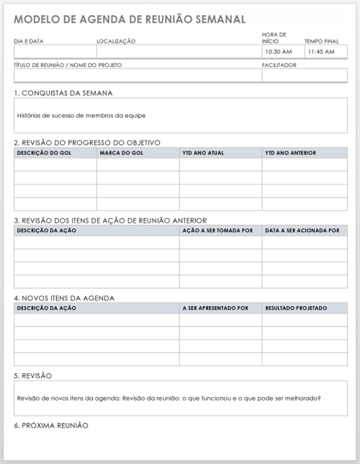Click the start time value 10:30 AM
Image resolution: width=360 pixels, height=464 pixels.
tap(278, 52)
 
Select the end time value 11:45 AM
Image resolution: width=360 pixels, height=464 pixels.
tap(320, 52)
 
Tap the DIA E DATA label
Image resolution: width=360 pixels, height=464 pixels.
tap(29, 41)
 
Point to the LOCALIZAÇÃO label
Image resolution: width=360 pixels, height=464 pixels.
tap(116, 41)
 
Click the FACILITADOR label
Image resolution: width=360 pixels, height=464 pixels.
tap(279, 65)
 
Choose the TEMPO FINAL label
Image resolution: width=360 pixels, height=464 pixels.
tap(321, 41)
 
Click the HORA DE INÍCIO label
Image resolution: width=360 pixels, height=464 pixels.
tap(274, 37)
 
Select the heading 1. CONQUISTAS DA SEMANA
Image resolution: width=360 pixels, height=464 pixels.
tap(63, 93)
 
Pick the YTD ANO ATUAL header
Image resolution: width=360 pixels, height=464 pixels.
tap(204, 153)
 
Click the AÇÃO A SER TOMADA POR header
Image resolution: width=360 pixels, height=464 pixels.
tap(218, 231)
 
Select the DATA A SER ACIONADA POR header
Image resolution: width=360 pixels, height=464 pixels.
tap(302, 231)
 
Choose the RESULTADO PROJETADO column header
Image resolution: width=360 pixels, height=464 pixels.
tap(296, 308)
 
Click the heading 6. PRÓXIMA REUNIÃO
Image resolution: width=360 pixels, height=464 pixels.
tap(51, 426)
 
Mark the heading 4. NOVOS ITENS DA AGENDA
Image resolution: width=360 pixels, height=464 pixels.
tap(64, 298)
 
